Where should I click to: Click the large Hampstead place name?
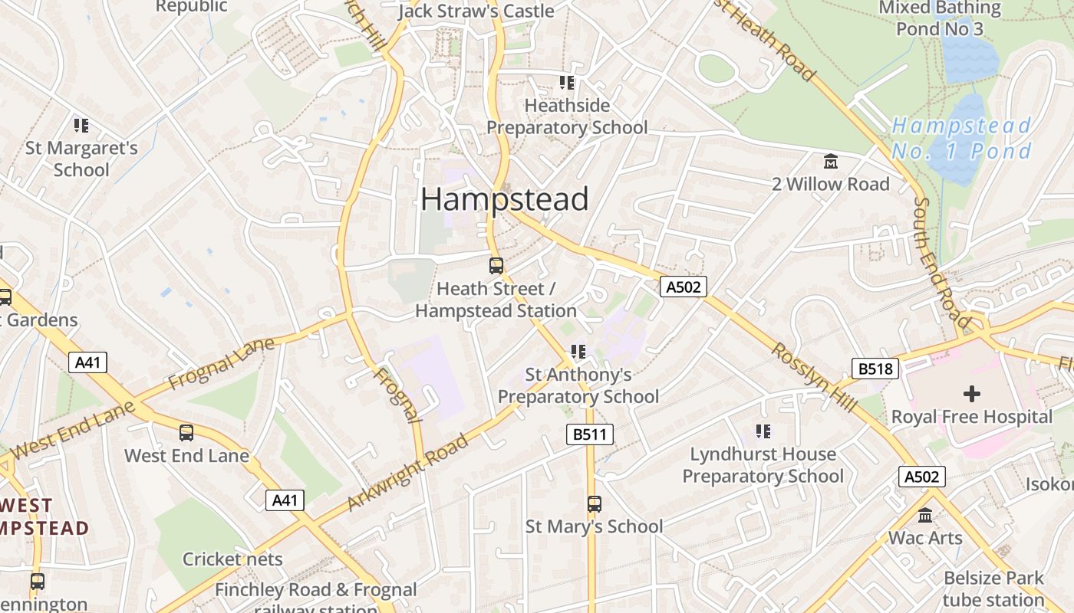[x=505, y=199]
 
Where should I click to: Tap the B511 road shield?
[x=589, y=434]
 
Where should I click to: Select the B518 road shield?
[x=875, y=369]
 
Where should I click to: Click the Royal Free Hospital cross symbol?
[x=971, y=394]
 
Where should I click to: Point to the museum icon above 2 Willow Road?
[x=830, y=162]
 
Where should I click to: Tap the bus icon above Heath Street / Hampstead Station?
[x=496, y=266]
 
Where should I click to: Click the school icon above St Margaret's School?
[x=81, y=125]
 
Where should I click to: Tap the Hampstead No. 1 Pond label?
[x=962, y=138]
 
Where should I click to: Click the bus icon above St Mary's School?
[x=594, y=503]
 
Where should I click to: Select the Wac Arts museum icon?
[x=925, y=516]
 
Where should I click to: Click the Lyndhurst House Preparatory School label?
[x=763, y=465]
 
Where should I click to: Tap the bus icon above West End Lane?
[x=186, y=433]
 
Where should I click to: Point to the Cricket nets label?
[x=232, y=559]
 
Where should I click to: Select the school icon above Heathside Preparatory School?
[x=567, y=83]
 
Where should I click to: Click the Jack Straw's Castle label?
[x=476, y=11]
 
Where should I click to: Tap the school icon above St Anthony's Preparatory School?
[x=578, y=352]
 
